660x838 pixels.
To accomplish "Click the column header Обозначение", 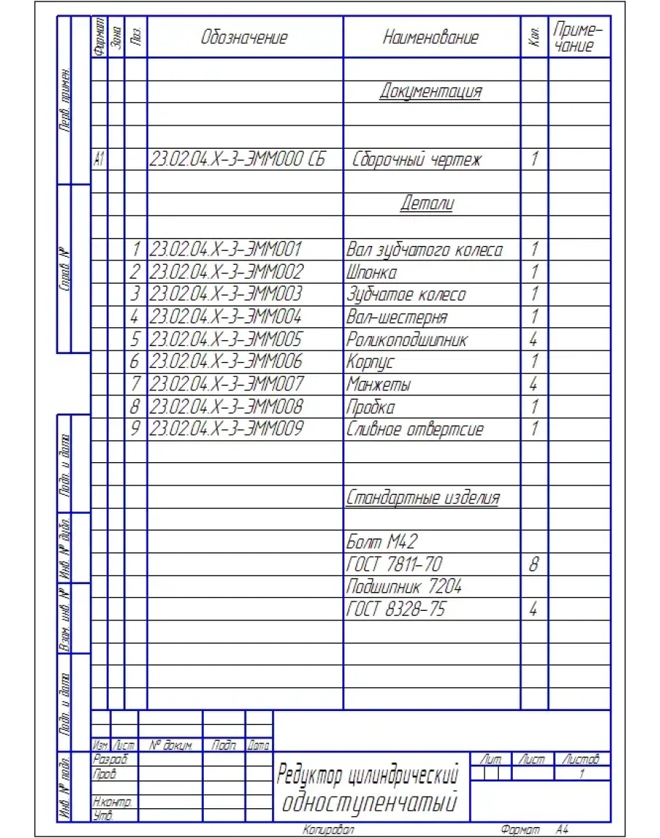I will tap(244, 38).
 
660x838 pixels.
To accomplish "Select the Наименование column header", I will tap(431, 38).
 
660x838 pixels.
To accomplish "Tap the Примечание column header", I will tap(578, 38).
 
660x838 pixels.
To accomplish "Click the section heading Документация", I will tap(431, 91).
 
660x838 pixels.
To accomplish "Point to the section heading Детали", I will tap(427, 204).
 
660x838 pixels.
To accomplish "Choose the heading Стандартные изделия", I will tap(423, 498).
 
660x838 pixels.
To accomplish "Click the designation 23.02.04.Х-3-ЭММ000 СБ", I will tap(236, 160).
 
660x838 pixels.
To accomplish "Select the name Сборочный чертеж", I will tap(416, 160).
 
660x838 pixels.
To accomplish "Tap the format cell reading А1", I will tap(99, 160).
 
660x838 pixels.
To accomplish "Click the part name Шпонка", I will tap(372, 273).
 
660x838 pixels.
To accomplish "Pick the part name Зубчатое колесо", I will tap(405, 295).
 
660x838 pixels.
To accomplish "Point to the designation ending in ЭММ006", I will tap(226, 361).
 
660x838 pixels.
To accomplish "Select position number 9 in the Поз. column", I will tap(135, 429).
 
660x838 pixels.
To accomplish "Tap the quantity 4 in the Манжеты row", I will tap(534, 384).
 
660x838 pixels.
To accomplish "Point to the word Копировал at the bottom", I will tap(329, 828).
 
